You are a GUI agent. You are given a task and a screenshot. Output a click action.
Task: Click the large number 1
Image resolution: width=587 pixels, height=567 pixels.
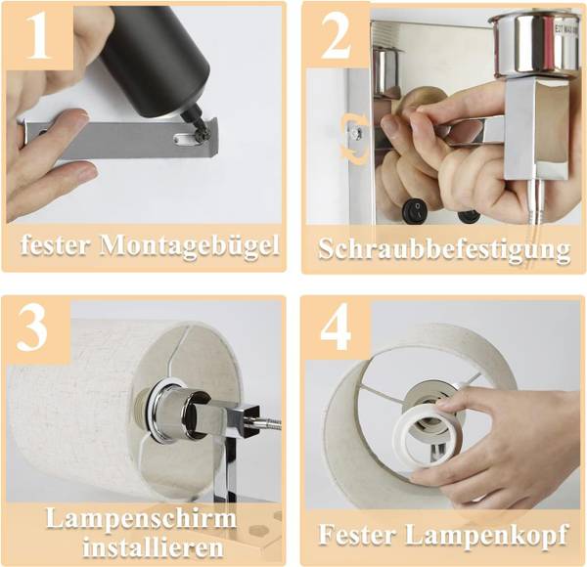(x=38, y=35)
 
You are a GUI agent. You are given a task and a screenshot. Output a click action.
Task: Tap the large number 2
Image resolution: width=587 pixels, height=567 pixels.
(x=337, y=35)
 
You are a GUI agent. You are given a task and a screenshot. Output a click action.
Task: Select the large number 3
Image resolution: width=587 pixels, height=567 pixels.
(x=33, y=327)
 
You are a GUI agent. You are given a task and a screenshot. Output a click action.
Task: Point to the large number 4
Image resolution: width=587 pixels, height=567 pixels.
(x=337, y=328)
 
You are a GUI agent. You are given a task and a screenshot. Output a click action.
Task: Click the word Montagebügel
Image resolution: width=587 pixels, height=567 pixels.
(x=190, y=246)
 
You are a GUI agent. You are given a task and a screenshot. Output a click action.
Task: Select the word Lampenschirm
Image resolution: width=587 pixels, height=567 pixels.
(x=141, y=518)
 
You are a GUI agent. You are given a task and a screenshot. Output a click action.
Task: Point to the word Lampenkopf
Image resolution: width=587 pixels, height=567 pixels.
(x=485, y=535)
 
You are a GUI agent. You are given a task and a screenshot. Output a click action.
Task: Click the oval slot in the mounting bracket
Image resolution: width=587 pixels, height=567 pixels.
(x=182, y=140)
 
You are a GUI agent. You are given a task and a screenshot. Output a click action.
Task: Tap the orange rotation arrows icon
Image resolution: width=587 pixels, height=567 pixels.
(x=354, y=140)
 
